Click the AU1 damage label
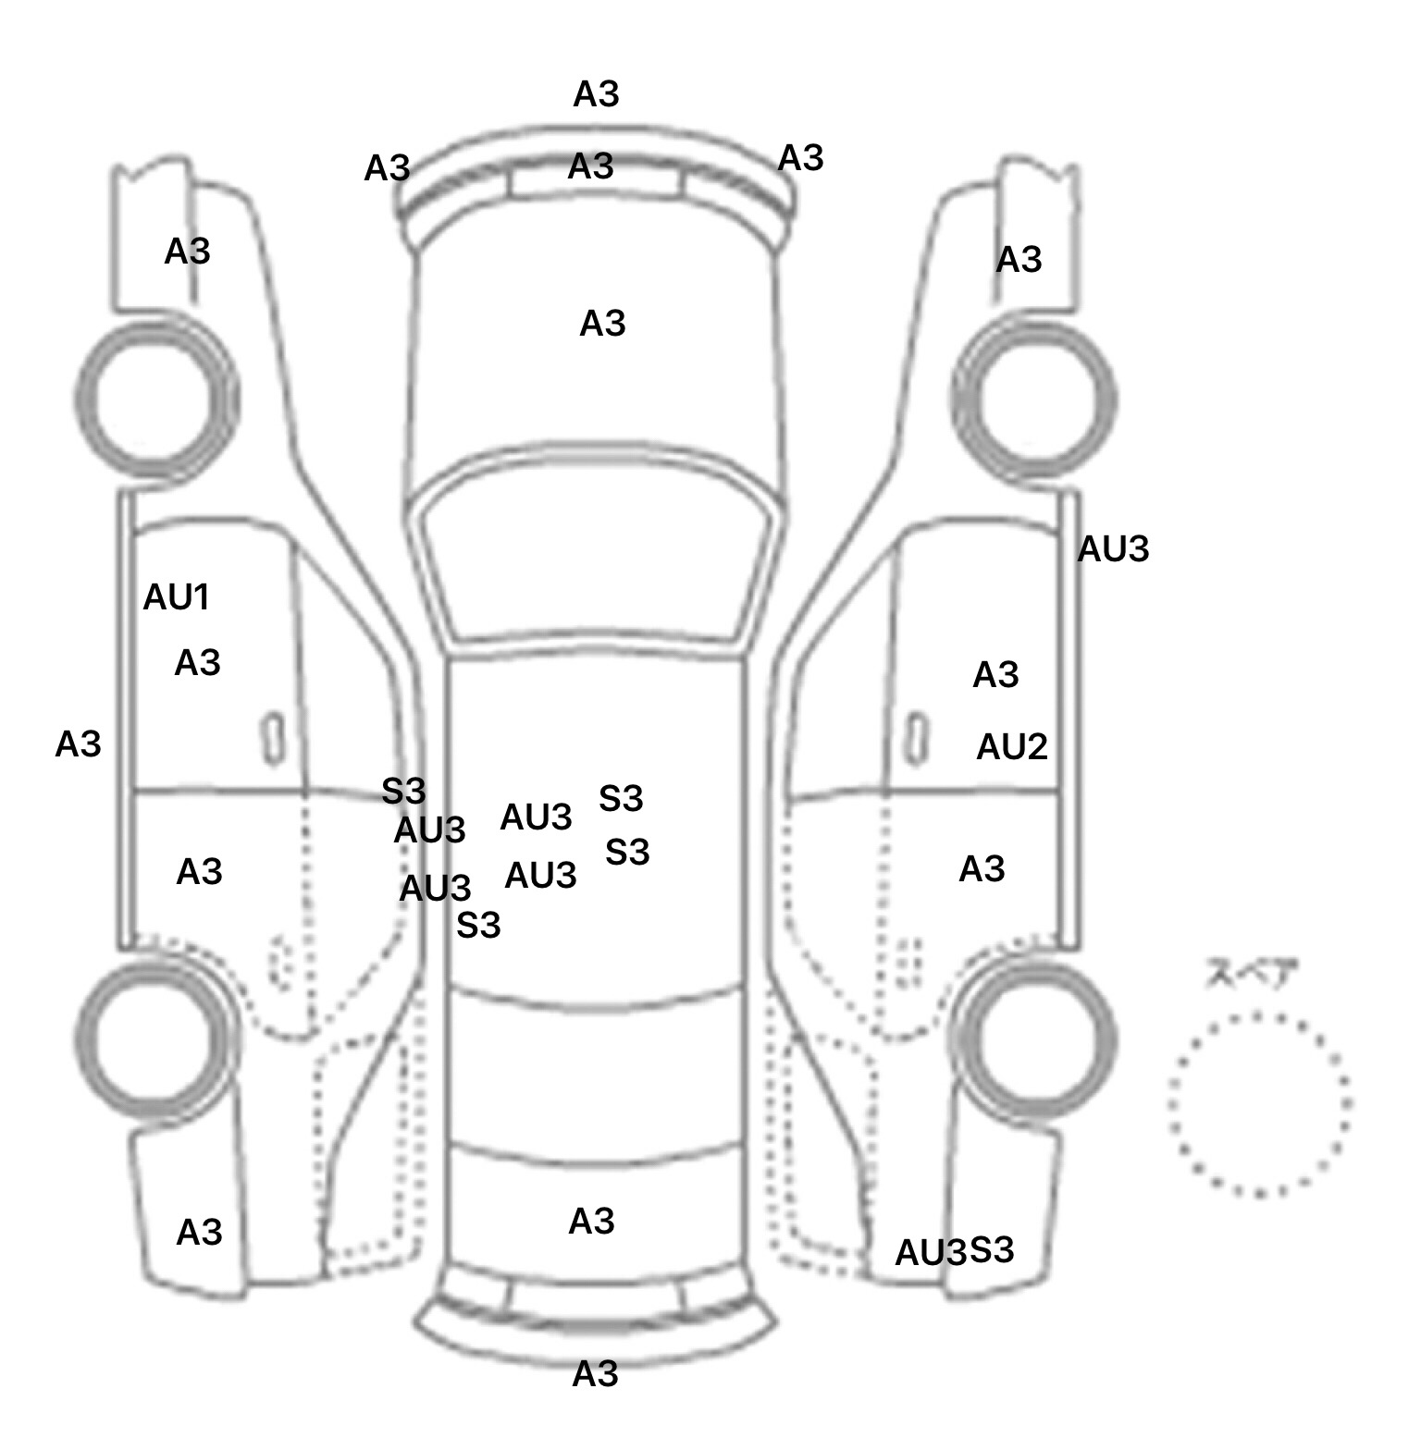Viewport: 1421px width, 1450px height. [x=176, y=598]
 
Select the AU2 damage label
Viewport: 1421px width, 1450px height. [x=1011, y=746]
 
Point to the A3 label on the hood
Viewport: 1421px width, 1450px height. [x=602, y=324]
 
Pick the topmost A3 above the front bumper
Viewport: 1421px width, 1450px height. [x=596, y=94]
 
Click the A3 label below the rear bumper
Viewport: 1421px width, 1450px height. [x=595, y=1375]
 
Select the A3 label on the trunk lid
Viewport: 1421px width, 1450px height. [x=591, y=1222]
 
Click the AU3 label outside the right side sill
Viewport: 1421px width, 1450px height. [x=1113, y=550]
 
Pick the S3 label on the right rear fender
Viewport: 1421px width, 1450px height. [x=992, y=1250]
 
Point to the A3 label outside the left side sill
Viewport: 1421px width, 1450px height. [x=78, y=744]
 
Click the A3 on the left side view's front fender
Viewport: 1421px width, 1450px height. [x=187, y=252]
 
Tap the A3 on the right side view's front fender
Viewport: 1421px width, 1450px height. [x=1019, y=260]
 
